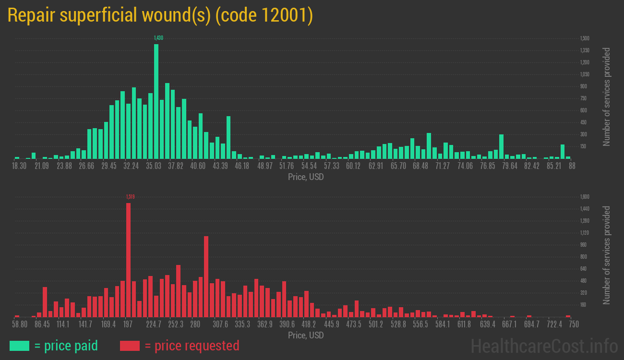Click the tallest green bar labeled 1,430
point(156,101)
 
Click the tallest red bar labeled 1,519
point(128,260)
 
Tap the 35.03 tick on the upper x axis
point(154,166)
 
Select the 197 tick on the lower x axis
point(128,324)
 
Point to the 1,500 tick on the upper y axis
point(585,38)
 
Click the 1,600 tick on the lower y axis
point(585,197)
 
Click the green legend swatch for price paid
point(19,346)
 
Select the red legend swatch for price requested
point(130,346)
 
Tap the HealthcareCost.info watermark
point(544,346)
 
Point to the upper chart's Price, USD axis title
point(306,177)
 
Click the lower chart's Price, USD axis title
point(306,336)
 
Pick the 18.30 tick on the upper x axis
point(19,166)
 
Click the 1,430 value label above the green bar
point(158,38)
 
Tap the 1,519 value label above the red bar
point(131,196)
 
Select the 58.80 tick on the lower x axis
point(20,324)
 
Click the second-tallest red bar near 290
point(206,276)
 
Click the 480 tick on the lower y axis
point(583,281)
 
